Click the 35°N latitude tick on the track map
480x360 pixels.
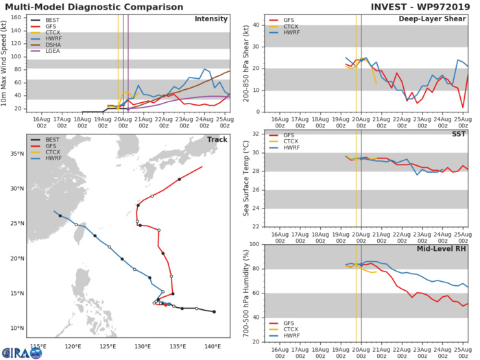click(x=16, y=154)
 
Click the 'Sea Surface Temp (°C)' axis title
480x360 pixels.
click(x=246, y=179)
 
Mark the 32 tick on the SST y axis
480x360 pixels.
click(x=259, y=134)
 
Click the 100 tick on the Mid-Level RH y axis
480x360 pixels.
click(x=257, y=245)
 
